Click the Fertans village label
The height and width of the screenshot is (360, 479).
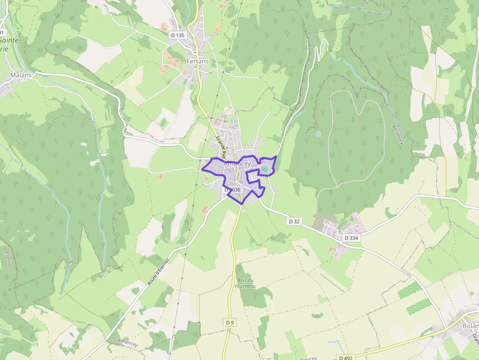coord(197,62)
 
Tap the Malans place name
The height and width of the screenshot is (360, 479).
coord(21,75)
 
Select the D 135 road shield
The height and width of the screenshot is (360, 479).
coord(178,35)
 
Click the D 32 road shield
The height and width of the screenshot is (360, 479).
coord(294,221)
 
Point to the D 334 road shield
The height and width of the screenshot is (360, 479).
coord(351,238)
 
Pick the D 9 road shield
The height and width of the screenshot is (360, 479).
coord(230,322)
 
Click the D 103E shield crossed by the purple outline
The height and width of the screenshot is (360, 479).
coord(232,190)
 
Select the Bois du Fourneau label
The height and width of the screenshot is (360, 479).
coord(245,283)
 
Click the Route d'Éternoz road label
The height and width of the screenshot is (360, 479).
coord(159,273)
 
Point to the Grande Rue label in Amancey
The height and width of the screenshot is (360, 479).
coord(220,148)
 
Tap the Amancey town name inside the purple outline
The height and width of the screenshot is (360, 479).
coord(237,164)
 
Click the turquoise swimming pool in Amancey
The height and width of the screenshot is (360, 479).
coord(264,169)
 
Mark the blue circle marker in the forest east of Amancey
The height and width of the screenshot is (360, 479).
coord(318,133)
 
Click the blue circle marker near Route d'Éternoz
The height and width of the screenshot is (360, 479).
coord(104,275)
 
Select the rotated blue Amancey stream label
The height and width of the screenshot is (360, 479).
coord(396,132)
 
